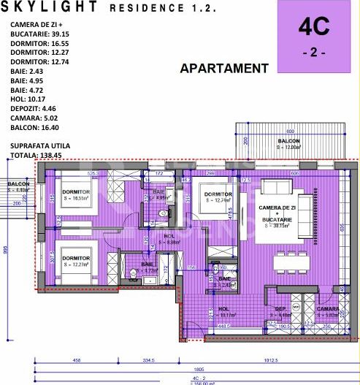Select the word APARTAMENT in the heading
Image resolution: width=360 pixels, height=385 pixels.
coord(224,69)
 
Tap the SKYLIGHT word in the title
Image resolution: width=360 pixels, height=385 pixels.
coord(55,8)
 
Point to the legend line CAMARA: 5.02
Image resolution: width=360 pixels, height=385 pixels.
coord(37,118)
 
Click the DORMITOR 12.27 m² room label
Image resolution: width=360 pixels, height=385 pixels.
coord(74,262)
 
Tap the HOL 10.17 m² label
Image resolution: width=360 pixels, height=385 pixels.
coord(223,313)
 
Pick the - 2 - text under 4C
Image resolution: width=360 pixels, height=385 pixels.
coord(314,54)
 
